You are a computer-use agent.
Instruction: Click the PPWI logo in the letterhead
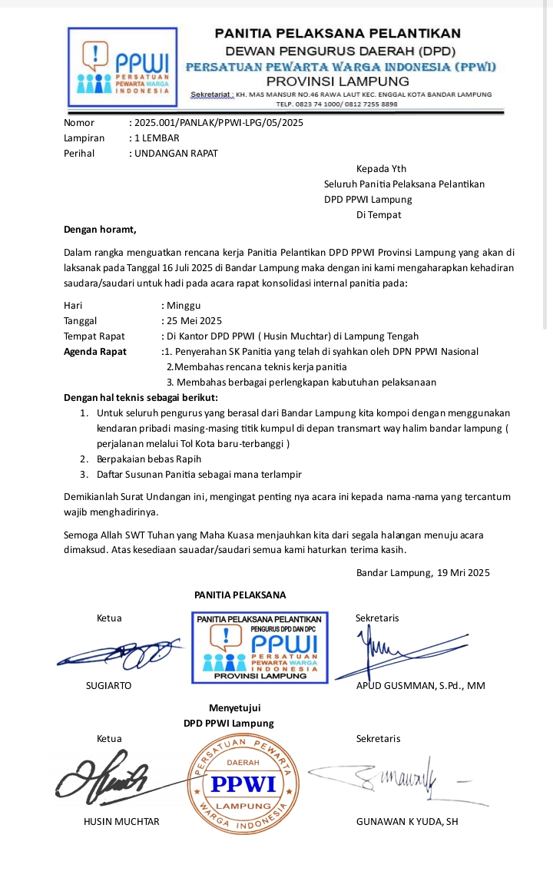click(123, 67)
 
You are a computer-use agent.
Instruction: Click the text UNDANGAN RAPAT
click(176, 153)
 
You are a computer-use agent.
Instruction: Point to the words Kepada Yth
click(381, 169)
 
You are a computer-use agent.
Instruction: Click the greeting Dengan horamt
click(100, 229)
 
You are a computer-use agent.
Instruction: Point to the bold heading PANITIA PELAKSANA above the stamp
click(240, 595)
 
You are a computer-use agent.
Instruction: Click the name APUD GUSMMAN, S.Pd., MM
click(421, 685)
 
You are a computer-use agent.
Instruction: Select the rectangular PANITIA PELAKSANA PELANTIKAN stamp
click(260, 647)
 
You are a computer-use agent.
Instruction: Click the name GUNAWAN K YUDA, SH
click(407, 821)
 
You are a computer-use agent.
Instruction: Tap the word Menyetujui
click(229, 707)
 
